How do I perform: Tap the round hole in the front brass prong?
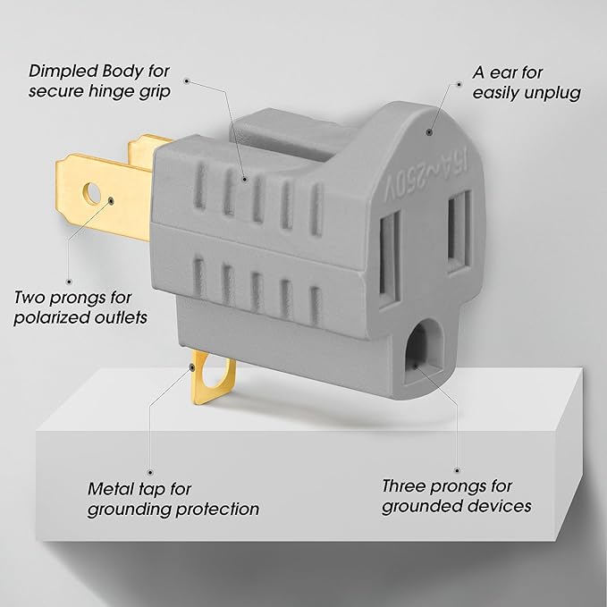pos(93,191)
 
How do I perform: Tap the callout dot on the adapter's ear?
pos(430,131)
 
